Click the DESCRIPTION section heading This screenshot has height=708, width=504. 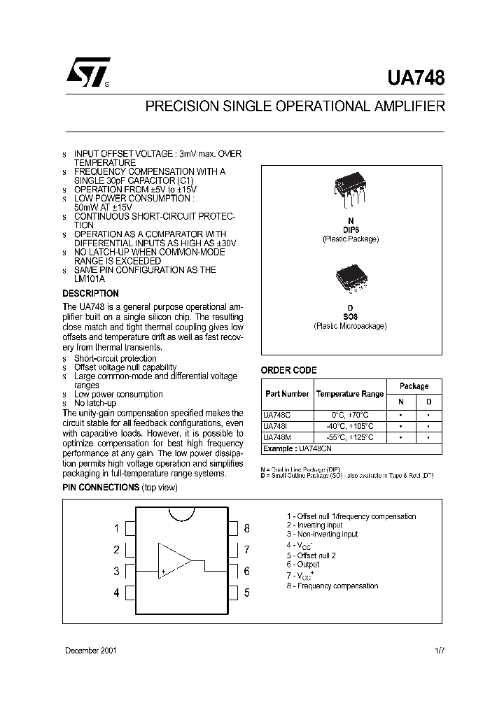[x=91, y=294]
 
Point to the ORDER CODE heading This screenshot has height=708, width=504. [x=288, y=370]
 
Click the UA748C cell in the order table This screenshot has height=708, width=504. [x=276, y=415]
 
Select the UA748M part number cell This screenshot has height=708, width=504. [x=276, y=437]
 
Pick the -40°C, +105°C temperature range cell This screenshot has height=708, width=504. [x=350, y=426]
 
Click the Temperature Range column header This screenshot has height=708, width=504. [x=350, y=394]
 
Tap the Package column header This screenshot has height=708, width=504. [x=414, y=385]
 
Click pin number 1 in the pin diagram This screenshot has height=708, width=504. [x=116, y=528]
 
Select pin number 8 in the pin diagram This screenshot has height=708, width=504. [x=246, y=528]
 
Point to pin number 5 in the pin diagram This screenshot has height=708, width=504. [x=246, y=593]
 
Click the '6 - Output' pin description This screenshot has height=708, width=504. [x=302, y=565]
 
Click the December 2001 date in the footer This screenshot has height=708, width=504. [x=90, y=650]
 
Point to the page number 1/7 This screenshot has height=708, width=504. [x=439, y=650]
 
